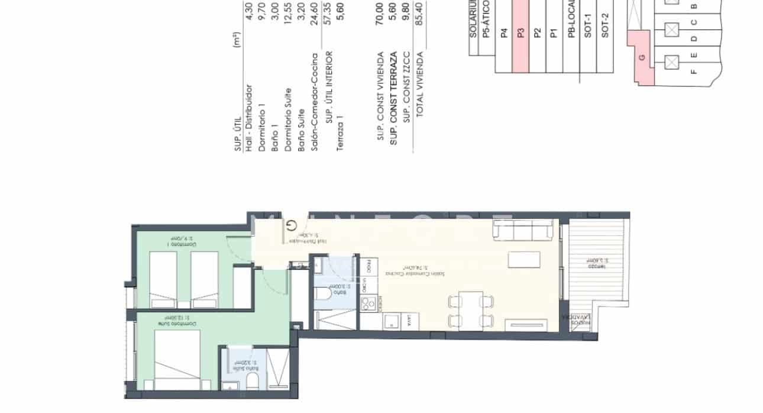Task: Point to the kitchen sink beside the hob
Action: pos(392,322)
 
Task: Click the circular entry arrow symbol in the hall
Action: pos(292,225)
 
